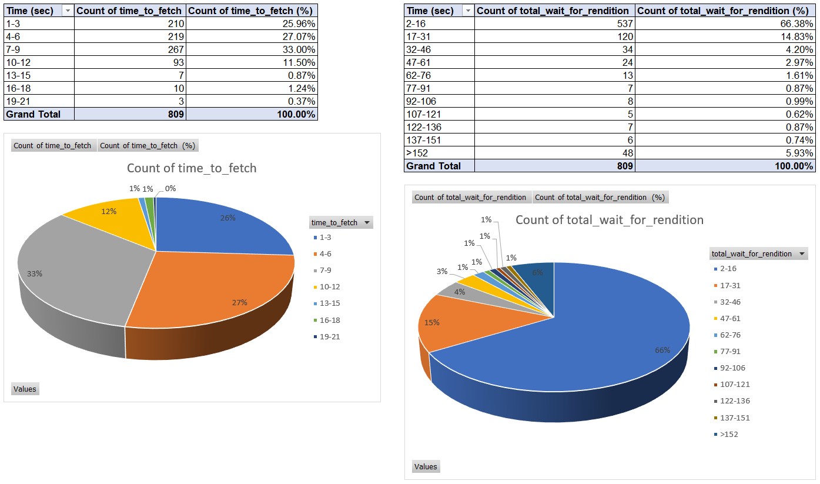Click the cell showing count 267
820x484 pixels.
click(x=130, y=49)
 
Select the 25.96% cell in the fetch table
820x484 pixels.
click(x=252, y=24)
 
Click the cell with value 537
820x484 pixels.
click(x=555, y=24)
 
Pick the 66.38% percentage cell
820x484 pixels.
click(x=725, y=24)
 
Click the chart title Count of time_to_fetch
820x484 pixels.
click(x=192, y=168)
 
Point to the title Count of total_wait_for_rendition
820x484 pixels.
click(x=610, y=220)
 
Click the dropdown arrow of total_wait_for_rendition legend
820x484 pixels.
click(x=802, y=253)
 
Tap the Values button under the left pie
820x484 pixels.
click(x=25, y=389)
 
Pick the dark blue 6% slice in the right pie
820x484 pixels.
click(x=538, y=276)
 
